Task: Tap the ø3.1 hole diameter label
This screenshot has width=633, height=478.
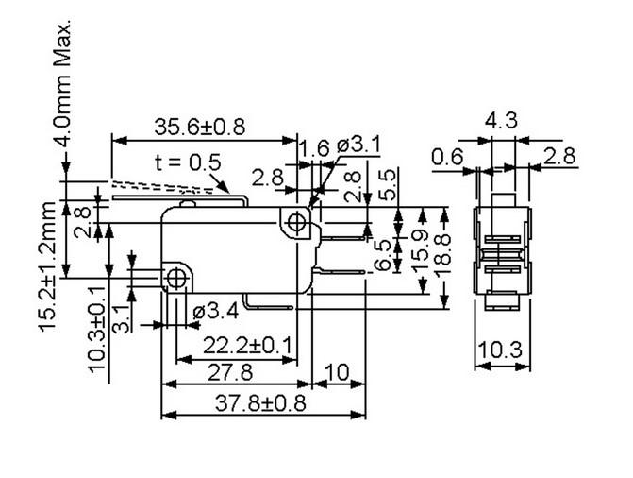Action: [x=358, y=145]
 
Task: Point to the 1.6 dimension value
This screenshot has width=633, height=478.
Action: [x=314, y=147]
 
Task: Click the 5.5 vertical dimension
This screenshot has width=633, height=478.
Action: [x=388, y=185]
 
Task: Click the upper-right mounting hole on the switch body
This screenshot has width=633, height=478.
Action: [x=297, y=223]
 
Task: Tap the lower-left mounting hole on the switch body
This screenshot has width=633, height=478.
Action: [x=175, y=278]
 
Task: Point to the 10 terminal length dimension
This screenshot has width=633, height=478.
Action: [x=337, y=373]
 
